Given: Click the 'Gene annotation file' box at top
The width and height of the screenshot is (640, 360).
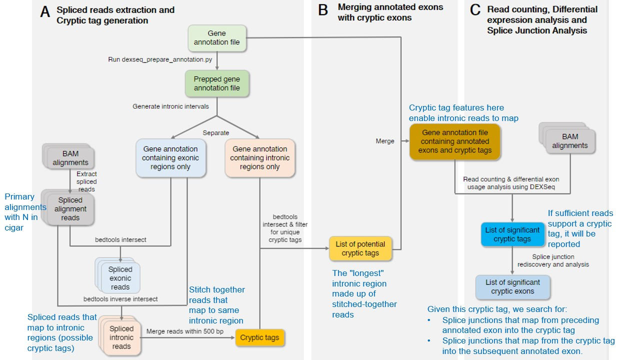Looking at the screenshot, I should (217, 38).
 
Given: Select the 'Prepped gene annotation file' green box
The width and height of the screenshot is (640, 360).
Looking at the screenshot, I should (217, 83).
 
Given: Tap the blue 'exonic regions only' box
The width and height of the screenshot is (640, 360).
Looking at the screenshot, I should (170, 158).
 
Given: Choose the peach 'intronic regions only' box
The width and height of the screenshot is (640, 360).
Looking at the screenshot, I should (259, 158).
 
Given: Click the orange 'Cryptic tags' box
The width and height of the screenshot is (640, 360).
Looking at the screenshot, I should (259, 337).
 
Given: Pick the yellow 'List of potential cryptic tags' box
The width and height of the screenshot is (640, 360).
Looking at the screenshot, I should (360, 248).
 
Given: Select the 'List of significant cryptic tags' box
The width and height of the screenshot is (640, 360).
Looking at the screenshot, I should (512, 234).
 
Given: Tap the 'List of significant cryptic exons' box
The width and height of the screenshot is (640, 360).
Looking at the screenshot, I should (512, 287).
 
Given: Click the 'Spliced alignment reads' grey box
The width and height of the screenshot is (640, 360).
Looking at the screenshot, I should (70, 209).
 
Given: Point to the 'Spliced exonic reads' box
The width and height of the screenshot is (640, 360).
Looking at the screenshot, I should (120, 278).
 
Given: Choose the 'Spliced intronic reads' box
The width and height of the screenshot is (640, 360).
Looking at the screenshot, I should (121, 337).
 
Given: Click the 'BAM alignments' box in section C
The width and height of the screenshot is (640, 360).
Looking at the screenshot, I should (570, 141).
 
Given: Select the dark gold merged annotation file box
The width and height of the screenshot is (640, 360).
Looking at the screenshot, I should (455, 141).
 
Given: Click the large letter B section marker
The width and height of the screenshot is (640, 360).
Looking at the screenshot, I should (323, 10).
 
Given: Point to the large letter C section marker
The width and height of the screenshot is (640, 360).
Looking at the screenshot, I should (475, 10).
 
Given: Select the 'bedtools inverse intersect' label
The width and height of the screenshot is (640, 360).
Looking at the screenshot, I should (120, 299).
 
